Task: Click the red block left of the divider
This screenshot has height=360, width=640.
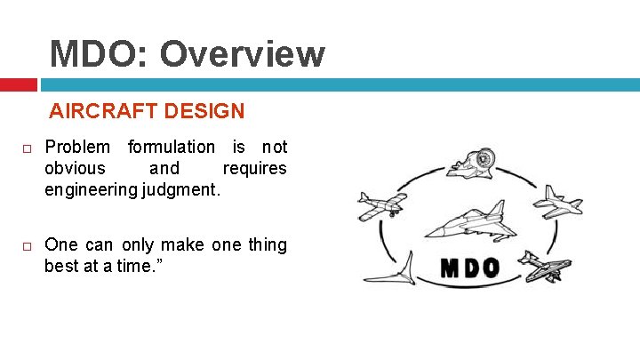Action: tap(18, 84)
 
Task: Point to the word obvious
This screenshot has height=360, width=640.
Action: tap(75, 168)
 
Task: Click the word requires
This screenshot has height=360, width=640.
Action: tap(254, 168)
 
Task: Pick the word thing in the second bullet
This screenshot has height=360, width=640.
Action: tap(268, 244)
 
